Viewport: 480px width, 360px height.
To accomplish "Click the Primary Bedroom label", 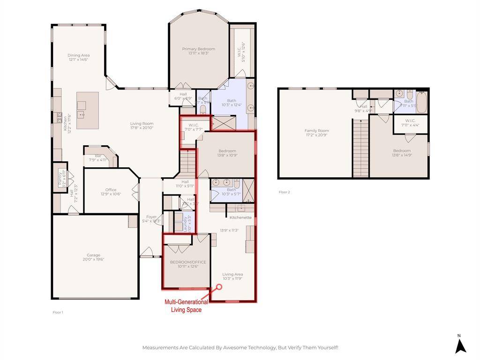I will click(x=198, y=49).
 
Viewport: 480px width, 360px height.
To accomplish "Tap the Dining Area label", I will click(x=78, y=55).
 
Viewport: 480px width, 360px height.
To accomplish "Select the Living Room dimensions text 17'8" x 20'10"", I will click(x=142, y=128).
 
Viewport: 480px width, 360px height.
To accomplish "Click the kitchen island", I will click(x=88, y=110).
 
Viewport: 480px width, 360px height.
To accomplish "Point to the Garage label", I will click(x=93, y=255).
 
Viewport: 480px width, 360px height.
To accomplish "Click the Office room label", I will click(x=111, y=190).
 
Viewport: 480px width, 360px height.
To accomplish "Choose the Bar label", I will click(x=98, y=156).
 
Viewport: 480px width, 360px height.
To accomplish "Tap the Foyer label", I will click(x=151, y=217).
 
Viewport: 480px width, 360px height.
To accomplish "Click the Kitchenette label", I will click(x=240, y=217).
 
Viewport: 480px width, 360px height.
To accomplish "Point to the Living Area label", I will click(x=232, y=274).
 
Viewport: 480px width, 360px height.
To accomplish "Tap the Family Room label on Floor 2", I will click(x=316, y=131).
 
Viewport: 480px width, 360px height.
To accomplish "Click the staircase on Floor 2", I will click(x=360, y=148).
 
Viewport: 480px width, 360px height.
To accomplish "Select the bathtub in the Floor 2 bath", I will click(x=422, y=103).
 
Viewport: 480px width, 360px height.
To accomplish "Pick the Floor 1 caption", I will click(x=58, y=312).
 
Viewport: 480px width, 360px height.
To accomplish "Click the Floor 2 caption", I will click(x=284, y=192).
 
